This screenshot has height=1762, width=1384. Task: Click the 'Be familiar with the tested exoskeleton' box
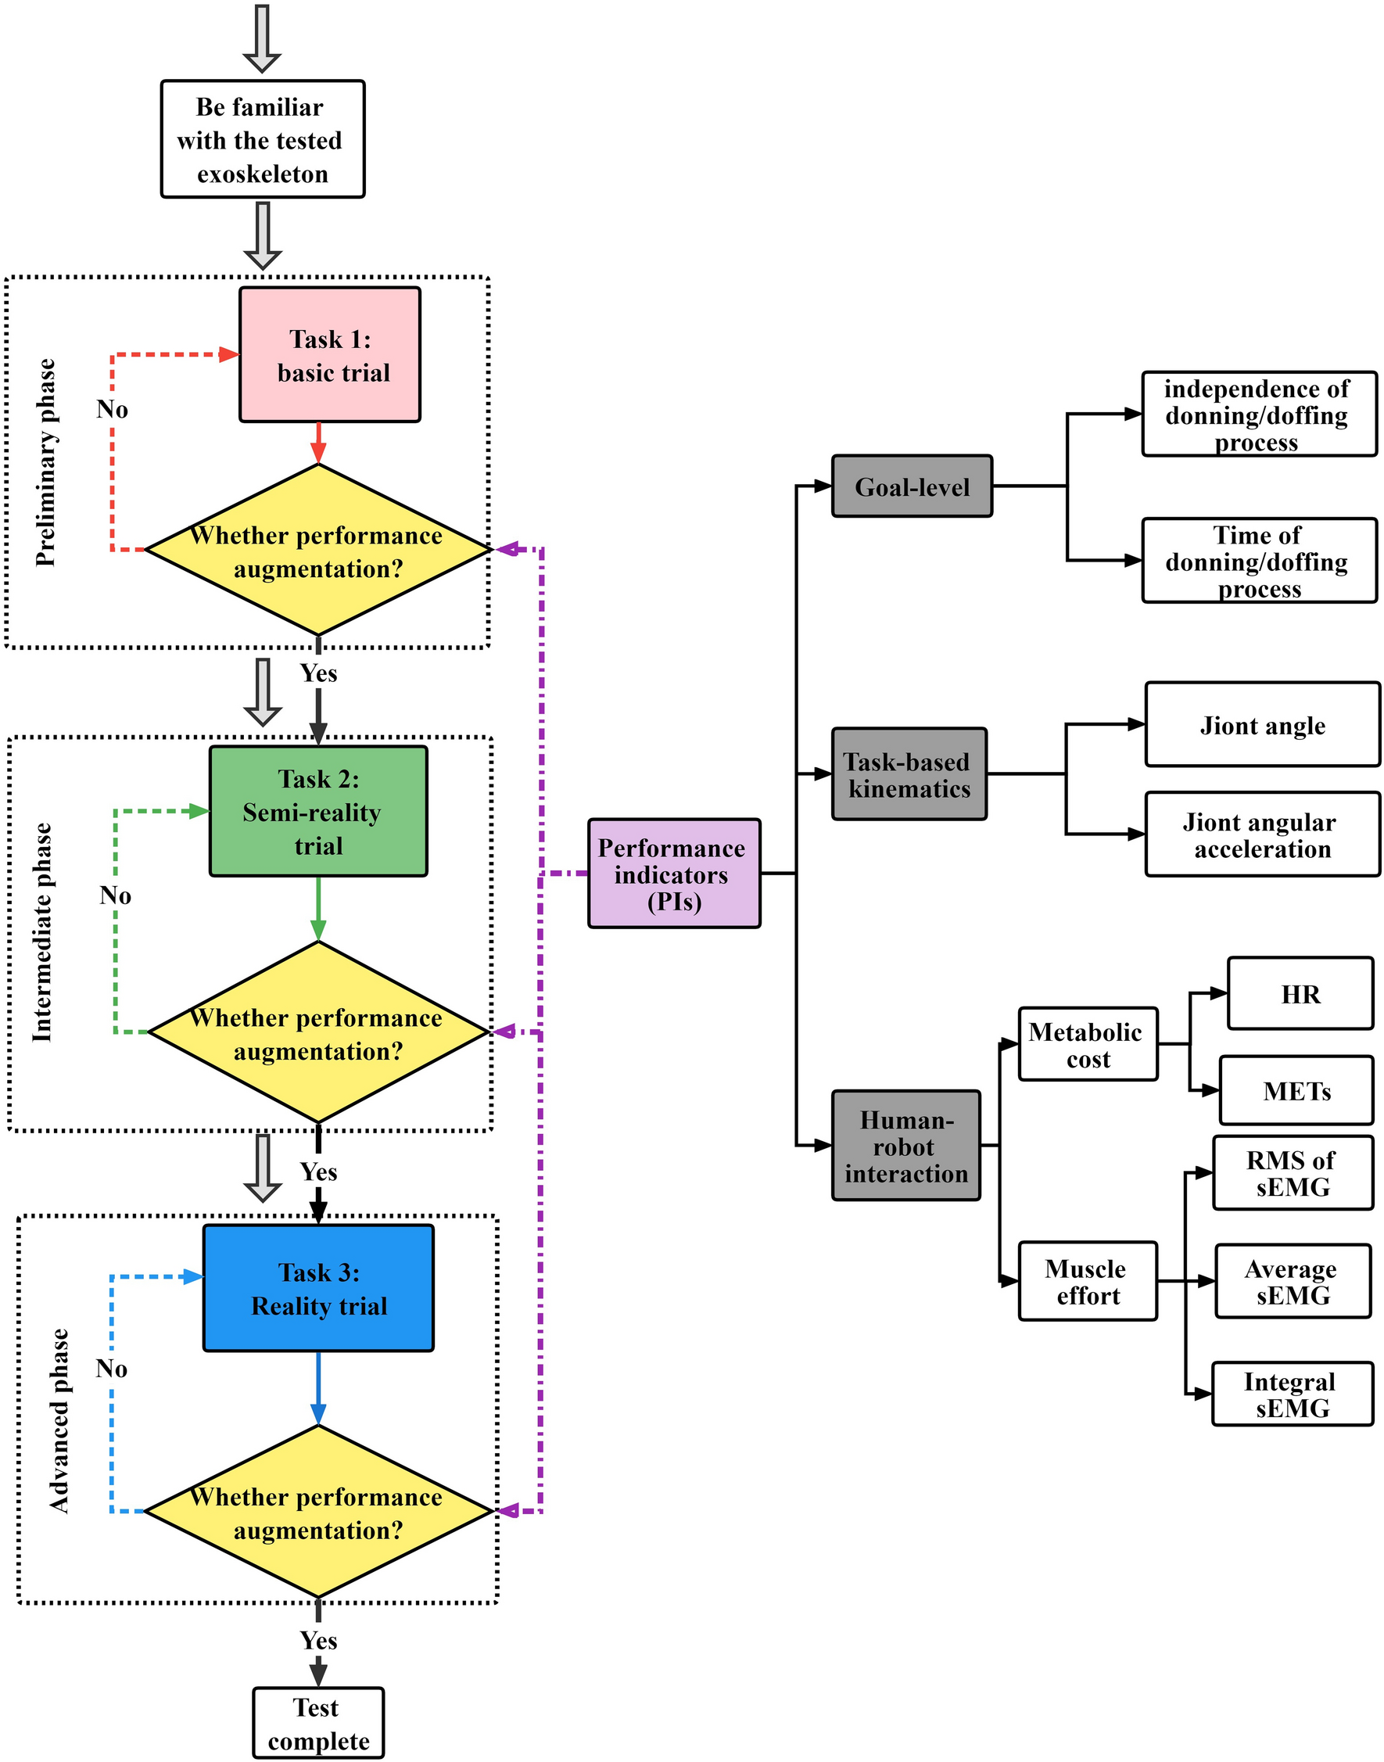coord(263,139)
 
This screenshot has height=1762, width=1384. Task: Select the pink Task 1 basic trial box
coord(330,355)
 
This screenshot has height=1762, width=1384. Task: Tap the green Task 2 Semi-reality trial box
coord(318,811)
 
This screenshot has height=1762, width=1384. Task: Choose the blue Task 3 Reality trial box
coord(318,1288)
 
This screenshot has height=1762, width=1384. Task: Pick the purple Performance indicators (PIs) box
coord(673,874)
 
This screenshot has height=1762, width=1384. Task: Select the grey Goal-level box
coord(912,486)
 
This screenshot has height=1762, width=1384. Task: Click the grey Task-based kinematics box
coord(909,774)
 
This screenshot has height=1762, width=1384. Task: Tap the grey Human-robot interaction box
coord(906,1146)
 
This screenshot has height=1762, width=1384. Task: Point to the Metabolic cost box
coord(1088,1045)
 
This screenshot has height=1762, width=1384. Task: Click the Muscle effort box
coord(1088,1281)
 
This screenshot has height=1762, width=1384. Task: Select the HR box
coord(1300,994)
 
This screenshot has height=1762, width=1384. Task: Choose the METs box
coord(1296,1091)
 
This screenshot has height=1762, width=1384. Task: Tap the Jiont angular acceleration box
coord(1262,834)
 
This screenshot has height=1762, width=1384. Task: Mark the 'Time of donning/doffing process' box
coord(1258,561)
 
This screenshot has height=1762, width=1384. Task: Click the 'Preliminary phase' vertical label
coord(46,462)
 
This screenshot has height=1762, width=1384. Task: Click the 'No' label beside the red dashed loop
coord(112,409)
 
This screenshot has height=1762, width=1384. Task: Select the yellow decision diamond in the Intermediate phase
coord(318,1032)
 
